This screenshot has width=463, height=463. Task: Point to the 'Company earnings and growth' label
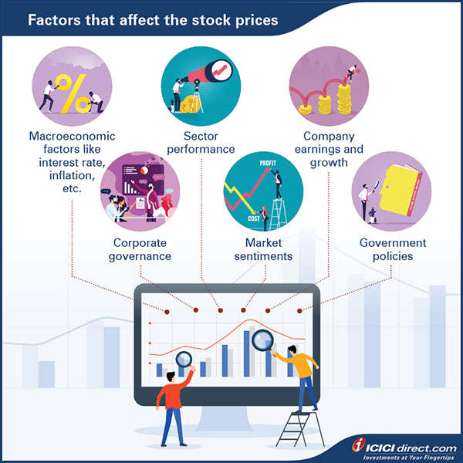click(325, 151)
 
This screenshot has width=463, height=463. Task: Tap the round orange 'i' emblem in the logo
click(358, 445)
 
